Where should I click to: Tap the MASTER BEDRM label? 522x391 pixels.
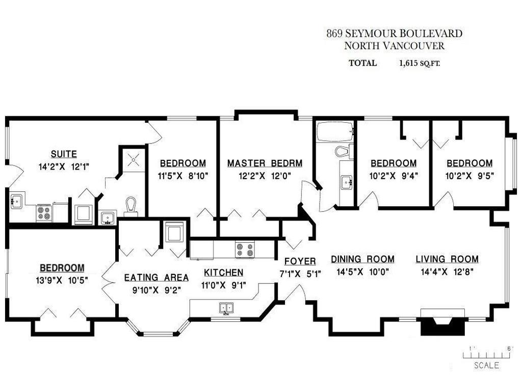coord(265,163)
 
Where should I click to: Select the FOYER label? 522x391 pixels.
coord(300,261)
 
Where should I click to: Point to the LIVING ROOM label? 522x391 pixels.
coord(447,259)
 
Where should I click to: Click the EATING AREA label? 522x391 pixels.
coord(156,277)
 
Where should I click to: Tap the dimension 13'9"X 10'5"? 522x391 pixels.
coord(62,280)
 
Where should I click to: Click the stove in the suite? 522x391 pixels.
coord(43,212)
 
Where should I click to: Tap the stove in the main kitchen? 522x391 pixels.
coord(244,249)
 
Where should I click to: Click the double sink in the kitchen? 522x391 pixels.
coord(226,308)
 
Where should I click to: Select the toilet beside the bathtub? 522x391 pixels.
coord(343,151)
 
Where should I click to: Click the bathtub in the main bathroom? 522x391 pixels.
coord(334,132)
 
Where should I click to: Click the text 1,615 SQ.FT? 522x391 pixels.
coord(420,64)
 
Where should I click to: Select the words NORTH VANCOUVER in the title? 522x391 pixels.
coord(394,46)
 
